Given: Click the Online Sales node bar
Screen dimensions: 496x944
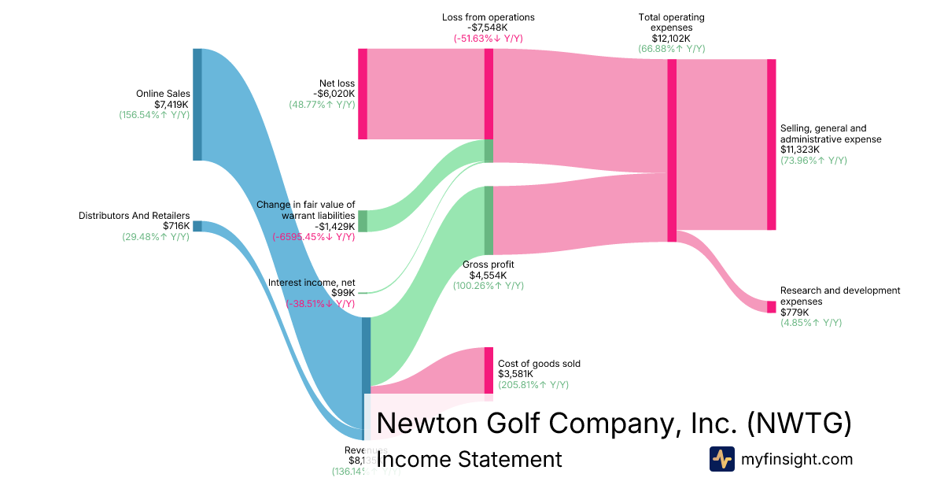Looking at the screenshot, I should [x=197, y=104].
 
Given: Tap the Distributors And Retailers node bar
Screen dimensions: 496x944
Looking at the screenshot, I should [x=197, y=226].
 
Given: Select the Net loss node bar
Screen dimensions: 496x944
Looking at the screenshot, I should [x=363, y=94].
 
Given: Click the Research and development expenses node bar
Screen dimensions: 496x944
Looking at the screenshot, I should [x=771, y=306].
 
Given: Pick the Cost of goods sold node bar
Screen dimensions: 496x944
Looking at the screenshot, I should [x=489, y=370].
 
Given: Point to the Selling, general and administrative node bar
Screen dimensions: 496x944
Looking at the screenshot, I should [x=771, y=144].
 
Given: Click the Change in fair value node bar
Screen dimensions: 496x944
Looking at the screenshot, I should [x=363, y=220].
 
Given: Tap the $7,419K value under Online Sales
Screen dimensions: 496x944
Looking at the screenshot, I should [x=171, y=104].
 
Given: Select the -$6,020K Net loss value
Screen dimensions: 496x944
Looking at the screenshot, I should [x=334, y=94].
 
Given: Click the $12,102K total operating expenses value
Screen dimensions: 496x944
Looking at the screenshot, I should [x=671, y=38].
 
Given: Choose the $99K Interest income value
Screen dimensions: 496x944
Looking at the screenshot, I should [x=343, y=293].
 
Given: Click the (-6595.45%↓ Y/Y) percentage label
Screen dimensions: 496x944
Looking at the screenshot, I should [x=314, y=237].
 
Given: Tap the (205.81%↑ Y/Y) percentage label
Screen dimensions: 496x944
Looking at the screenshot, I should [x=533, y=385].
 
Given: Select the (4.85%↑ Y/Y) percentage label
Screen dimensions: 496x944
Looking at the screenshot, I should [x=811, y=323].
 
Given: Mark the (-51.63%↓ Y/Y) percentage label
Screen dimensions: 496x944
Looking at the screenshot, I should [x=489, y=39].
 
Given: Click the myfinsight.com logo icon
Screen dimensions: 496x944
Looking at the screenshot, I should [x=721, y=459].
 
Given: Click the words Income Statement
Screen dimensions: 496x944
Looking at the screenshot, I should [x=470, y=459].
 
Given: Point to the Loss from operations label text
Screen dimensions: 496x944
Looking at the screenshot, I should [x=489, y=17].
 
